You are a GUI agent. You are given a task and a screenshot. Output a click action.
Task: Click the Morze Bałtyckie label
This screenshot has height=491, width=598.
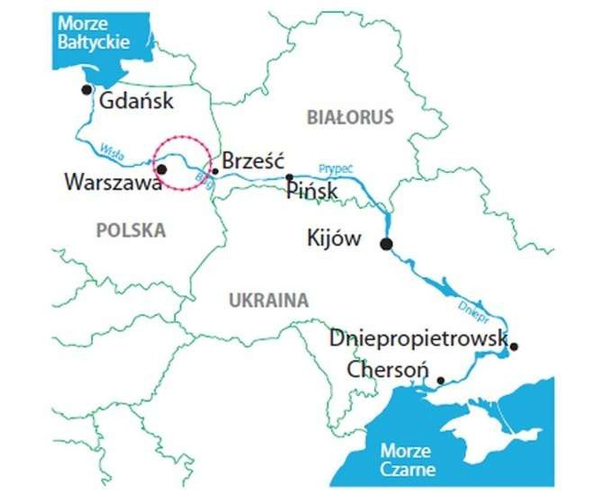tap(93, 33)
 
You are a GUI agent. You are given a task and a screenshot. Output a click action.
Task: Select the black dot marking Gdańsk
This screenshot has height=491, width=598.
tap(87, 90)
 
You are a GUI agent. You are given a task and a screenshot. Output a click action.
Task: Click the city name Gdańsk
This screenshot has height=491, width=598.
tap(136, 100)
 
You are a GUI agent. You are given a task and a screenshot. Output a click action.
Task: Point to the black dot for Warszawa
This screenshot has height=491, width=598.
tap(162, 169)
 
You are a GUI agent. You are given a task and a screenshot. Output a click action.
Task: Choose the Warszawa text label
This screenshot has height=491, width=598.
tap(112, 183)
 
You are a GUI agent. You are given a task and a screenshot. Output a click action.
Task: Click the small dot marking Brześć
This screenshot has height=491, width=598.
tap(215, 171)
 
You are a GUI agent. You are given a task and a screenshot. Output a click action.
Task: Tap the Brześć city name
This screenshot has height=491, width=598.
tap(253, 161)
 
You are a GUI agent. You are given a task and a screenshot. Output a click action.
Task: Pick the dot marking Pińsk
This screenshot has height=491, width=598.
tap(289, 177)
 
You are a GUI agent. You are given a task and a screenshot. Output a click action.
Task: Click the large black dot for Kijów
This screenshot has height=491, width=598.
tap(387, 243)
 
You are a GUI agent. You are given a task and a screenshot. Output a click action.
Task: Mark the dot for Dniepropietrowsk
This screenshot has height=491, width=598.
tap(514, 346)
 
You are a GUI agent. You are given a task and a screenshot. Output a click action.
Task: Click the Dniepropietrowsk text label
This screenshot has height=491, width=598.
tap(418, 338)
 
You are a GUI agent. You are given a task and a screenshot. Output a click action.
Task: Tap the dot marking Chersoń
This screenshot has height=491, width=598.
tap(441, 380)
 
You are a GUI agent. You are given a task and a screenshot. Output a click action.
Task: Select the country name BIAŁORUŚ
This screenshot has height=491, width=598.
tap(350, 118)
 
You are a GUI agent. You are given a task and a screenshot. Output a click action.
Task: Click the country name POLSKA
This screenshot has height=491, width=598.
tap(131, 230)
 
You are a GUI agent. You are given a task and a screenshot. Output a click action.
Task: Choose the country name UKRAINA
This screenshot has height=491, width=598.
tap(269, 300)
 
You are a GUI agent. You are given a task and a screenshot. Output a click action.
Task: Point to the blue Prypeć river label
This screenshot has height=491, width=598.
tap(336, 169)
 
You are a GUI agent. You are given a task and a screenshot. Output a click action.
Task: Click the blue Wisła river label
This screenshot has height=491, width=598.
tap(111, 153)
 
